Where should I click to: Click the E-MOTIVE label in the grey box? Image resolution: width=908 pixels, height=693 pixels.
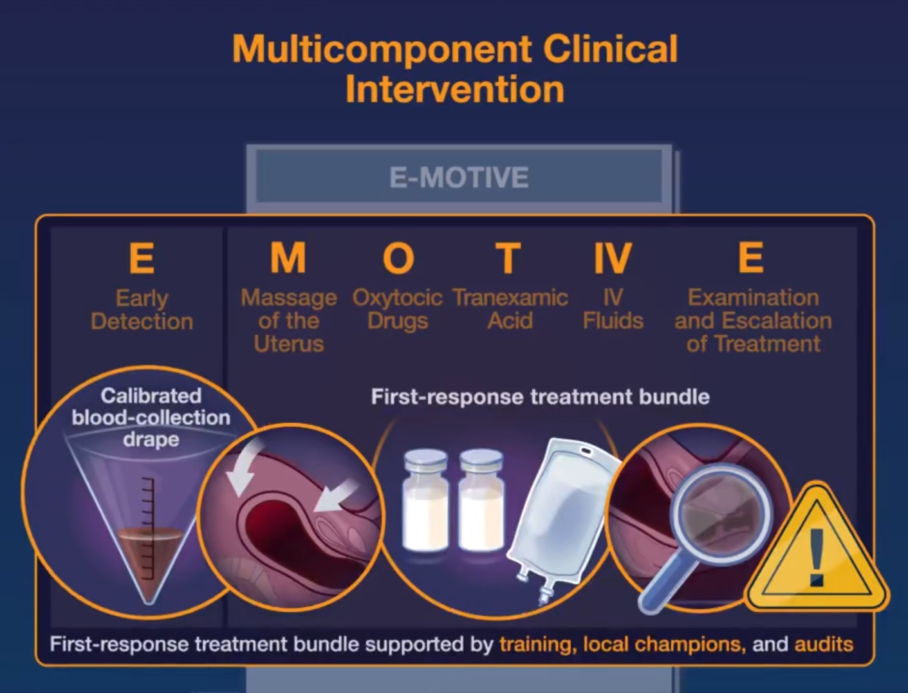(x=459, y=178)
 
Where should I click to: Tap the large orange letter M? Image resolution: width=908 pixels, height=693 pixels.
(x=288, y=257)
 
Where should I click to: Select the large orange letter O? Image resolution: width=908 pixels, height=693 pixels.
(x=398, y=257)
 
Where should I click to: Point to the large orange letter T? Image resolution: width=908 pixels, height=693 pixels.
(x=508, y=257)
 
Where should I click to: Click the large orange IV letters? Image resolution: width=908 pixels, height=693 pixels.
(x=613, y=257)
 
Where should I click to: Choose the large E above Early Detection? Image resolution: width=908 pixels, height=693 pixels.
(x=142, y=257)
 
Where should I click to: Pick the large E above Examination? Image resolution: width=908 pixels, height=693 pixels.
(x=751, y=257)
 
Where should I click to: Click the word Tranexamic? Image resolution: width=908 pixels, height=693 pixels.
(x=510, y=298)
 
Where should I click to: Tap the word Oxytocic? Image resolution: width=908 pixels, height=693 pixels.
(x=398, y=299)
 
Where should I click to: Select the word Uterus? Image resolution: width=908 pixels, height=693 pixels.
(x=289, y=344)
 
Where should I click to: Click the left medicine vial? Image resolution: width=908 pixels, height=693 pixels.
(x=425, y=501)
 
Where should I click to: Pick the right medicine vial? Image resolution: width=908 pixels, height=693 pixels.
(x=481, y=501)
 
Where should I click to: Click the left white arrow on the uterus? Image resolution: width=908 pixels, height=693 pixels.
(x=245, y=467)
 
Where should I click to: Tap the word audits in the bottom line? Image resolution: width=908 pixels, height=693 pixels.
(x=824, y=644)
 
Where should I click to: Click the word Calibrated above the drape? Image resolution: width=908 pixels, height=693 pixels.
(x=151, y=396)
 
